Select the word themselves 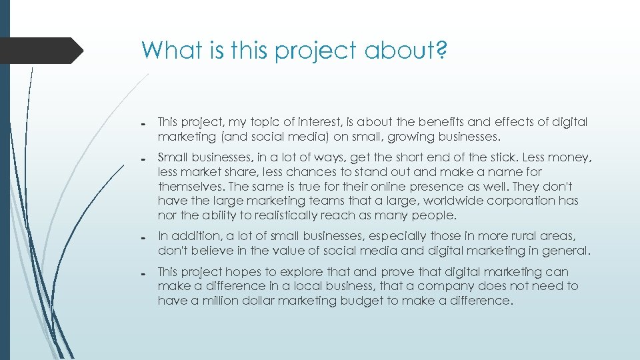pyautogui.click(x=188, y=187)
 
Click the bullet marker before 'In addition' pyautogui.click(x=144, y=238)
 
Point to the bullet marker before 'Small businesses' pyautogui.click(x=144, y=159)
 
